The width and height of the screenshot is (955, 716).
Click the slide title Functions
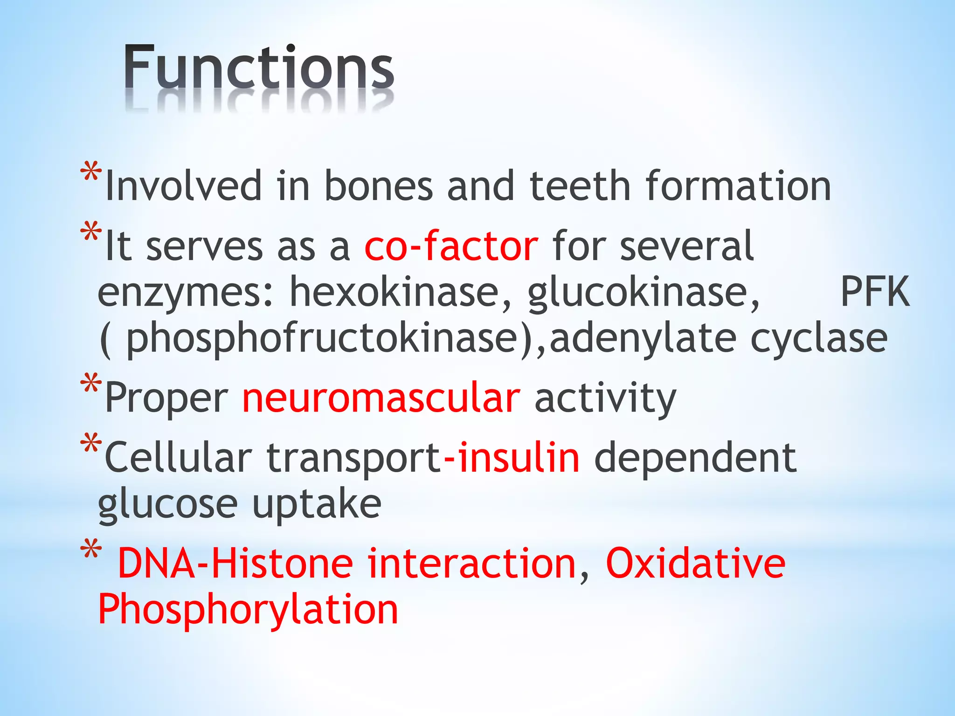[259, 68]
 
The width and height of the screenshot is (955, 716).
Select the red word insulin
[519, 458]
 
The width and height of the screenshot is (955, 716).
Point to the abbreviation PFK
[874, 292]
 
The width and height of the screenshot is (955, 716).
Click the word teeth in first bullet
[581, 186]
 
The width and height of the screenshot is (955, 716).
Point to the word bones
[379, 186]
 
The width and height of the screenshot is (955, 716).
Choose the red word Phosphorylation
[248, 610]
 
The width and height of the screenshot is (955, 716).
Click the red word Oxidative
[695, 564]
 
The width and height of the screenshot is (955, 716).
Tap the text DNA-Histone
[235, 564]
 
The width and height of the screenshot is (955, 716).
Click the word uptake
[317, 505]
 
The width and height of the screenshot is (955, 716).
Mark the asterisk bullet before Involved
[91, 172]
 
